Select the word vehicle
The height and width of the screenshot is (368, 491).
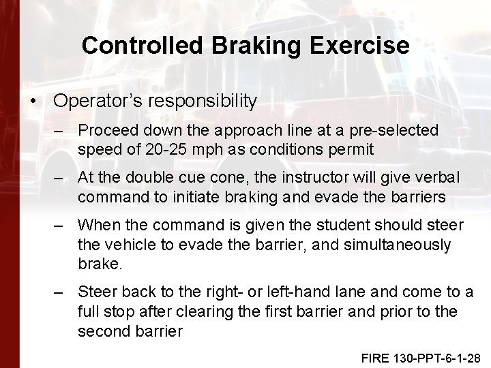(x=134, y=245)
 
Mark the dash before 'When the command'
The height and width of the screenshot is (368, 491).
(x=61, y=225)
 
